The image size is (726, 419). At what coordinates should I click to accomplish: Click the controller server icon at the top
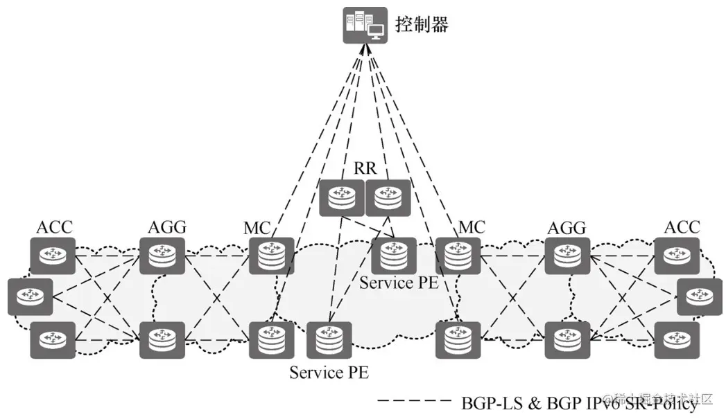[365, 26]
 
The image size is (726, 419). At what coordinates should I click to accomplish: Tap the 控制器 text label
[422, 26]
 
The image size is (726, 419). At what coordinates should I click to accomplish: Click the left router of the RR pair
[341, 197]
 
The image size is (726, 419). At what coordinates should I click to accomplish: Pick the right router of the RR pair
[388, 197]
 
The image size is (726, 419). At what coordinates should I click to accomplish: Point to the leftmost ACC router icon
[30, 297]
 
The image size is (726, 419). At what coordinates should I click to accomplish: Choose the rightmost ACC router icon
[700, 297]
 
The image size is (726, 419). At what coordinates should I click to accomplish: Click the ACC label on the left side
[54, 227]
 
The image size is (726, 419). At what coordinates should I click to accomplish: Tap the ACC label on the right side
[682, 227]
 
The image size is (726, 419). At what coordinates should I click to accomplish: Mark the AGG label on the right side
[567, 227]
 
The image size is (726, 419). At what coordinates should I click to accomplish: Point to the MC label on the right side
[472, 227]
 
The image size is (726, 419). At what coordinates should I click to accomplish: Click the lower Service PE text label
[329, 373]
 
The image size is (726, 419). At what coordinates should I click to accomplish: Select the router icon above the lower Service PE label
[329, 339]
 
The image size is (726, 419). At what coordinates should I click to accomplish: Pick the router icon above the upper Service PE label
[393, 256]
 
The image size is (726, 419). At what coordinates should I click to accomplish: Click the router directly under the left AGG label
[162, 256]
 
